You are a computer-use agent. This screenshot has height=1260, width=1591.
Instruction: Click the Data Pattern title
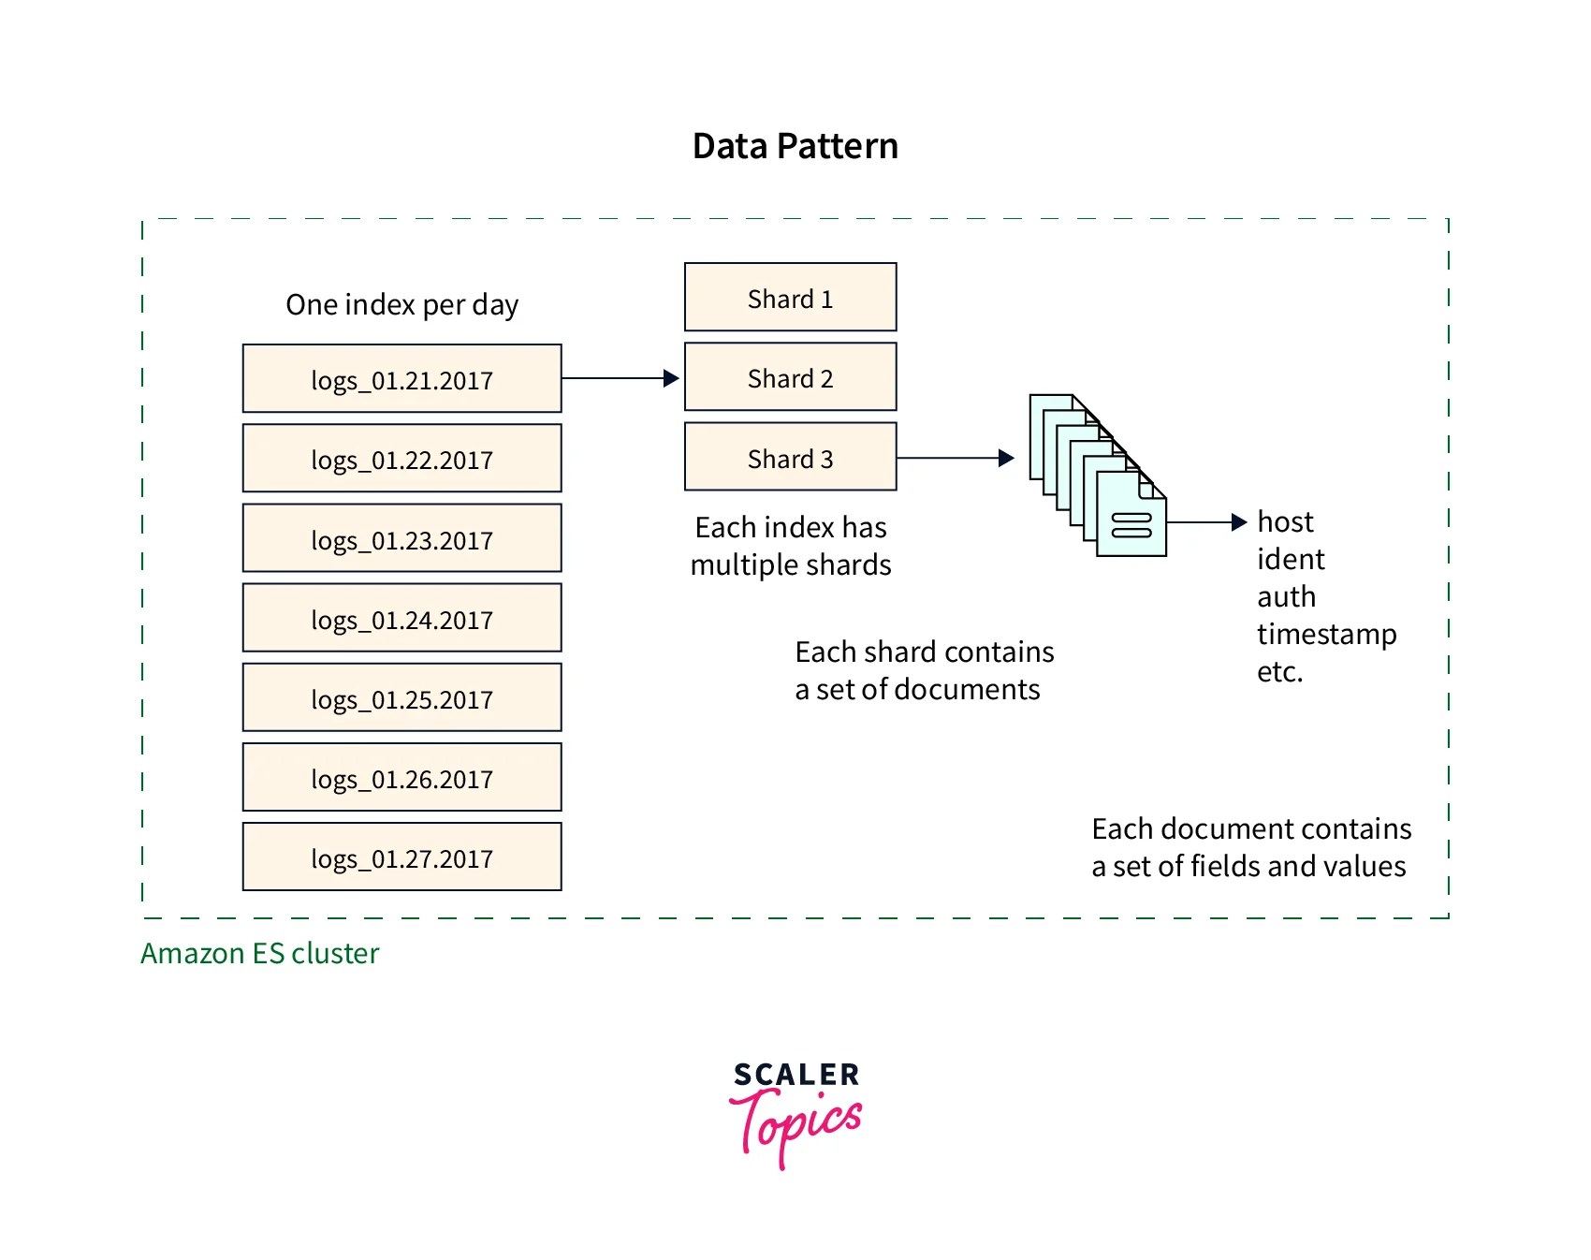point(795,147)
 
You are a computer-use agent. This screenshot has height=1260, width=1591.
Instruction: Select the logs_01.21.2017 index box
point(401,379)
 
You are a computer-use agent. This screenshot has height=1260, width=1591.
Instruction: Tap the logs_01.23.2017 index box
point(401,538)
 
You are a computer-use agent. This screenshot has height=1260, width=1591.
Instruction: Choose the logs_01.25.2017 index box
point(401,697)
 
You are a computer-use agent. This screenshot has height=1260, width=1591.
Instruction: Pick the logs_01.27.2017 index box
point(401,857)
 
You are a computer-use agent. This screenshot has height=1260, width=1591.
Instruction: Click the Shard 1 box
point(790,298)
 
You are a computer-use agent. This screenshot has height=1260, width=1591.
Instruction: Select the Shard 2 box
point(790,377)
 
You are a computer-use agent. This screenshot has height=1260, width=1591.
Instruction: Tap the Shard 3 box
point(790,457)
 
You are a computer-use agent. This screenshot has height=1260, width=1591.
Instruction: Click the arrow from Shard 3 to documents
point(955,458)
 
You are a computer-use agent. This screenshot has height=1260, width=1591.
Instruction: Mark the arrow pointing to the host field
point(1206,522)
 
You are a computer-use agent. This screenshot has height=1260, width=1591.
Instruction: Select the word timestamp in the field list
point(1326,634)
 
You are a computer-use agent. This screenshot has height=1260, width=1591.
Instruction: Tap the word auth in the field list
point(1286,596)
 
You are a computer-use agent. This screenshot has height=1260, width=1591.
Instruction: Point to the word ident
point(1291,559)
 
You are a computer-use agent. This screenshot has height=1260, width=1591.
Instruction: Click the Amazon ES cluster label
point(259,953)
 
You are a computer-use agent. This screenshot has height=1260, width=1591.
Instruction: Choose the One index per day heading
point(401,305)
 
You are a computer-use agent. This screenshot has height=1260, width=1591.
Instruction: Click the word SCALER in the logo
point(795,1075)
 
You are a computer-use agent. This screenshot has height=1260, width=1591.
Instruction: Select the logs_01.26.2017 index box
point(401,777)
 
